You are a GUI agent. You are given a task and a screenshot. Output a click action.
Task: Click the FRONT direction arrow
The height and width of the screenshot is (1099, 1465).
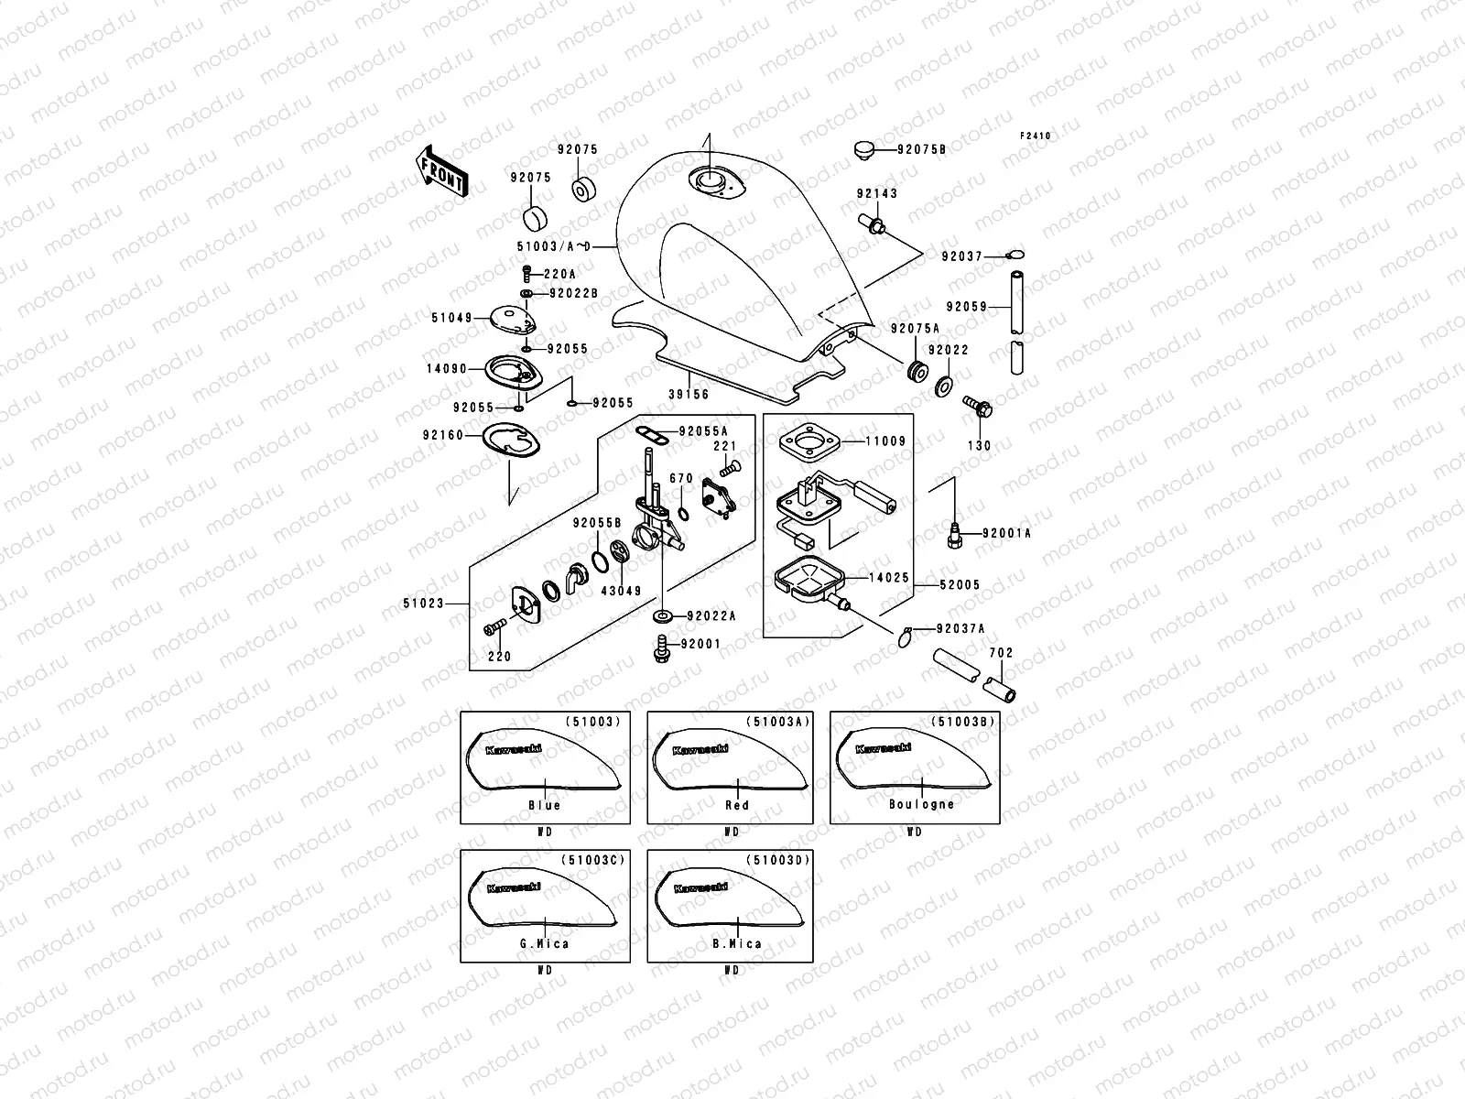coord(442,170)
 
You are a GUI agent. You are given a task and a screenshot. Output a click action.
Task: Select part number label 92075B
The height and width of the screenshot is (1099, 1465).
coord(921,148)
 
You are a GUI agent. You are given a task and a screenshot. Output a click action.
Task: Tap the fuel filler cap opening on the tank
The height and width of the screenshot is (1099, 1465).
coord(709,181)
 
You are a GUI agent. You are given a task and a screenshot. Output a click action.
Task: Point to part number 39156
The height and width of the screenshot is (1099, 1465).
coord(688,394)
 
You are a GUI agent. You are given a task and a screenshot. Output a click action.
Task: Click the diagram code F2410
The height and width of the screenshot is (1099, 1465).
coord(1036,136)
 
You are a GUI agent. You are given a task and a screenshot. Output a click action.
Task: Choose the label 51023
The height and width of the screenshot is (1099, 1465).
coord(423,603)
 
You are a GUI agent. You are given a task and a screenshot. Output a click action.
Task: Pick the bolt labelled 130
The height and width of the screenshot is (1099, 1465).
coord(979,407)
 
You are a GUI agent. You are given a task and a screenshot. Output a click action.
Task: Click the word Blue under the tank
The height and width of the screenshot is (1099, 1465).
coord(544,805)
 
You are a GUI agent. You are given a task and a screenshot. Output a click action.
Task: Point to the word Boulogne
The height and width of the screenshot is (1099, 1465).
coord(921,804)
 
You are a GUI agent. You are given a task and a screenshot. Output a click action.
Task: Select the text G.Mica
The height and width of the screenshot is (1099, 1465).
coord(544,943)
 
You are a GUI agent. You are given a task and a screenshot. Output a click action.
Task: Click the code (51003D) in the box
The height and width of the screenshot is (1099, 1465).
coord(778,860)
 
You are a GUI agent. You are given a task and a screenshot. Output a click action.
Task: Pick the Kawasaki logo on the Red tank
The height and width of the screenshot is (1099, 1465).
coord(700,749)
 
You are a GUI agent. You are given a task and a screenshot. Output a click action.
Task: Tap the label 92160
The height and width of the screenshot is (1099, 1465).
coord(443,435)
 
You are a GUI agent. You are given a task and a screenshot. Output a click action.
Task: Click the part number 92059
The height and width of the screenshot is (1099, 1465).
coord(967,307)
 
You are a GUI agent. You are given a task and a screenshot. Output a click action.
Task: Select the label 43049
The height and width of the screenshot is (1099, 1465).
coord(621,591)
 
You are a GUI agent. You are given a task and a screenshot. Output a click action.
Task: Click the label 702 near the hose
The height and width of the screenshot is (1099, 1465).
coord(1001,653)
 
